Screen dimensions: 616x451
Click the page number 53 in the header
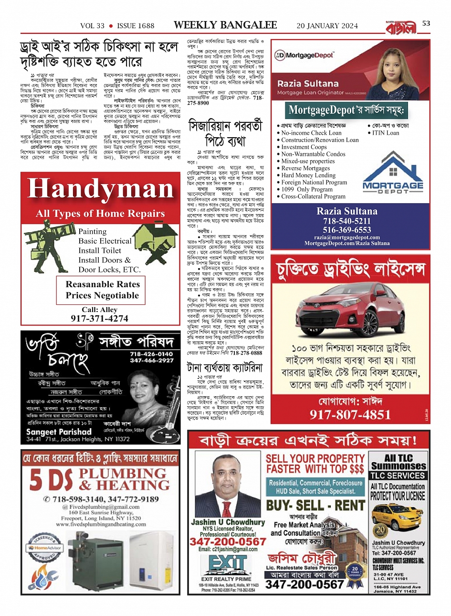426,23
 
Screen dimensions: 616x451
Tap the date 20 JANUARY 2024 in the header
327,26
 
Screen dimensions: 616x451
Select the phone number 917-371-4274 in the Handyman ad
99,318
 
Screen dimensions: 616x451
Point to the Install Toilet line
100,250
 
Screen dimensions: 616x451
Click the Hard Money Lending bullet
308,175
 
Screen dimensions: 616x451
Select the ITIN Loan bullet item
386,133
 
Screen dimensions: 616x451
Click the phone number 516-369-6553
347,230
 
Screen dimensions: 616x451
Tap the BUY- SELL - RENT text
315,506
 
